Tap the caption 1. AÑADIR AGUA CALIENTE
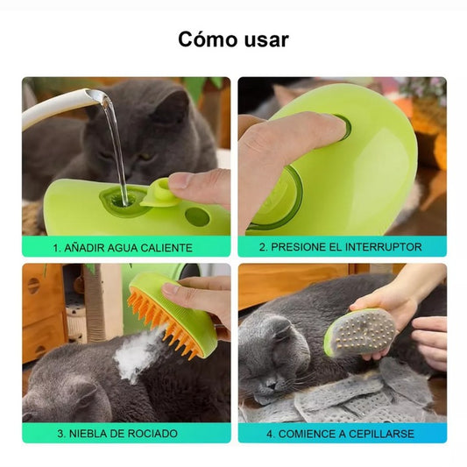(126, 247)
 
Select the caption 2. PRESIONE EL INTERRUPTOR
(342, 247)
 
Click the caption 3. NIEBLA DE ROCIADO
(126, 433)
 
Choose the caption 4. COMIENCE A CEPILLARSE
(342, 433)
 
